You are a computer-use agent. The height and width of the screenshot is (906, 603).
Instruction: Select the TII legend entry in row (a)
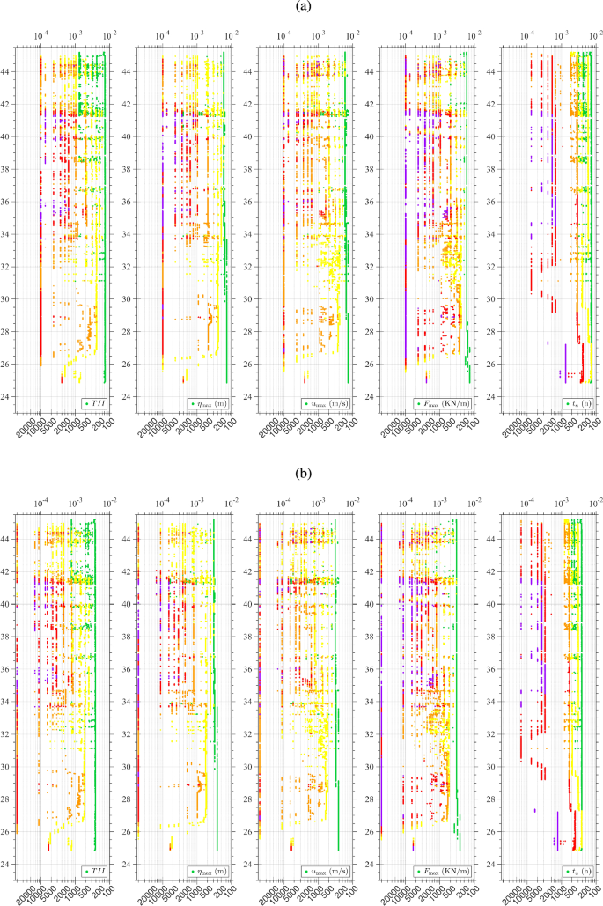pyautogui.click(x=94, y=403)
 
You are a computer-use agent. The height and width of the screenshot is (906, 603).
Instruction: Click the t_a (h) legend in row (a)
pyautogui.click(x=577, y=403)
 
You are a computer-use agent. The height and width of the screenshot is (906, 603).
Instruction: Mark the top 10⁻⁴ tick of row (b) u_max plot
pyautogui.click(x=283, y=503)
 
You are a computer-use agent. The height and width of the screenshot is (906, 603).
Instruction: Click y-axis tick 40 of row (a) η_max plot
pyautogui.click(x=129, y=137)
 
